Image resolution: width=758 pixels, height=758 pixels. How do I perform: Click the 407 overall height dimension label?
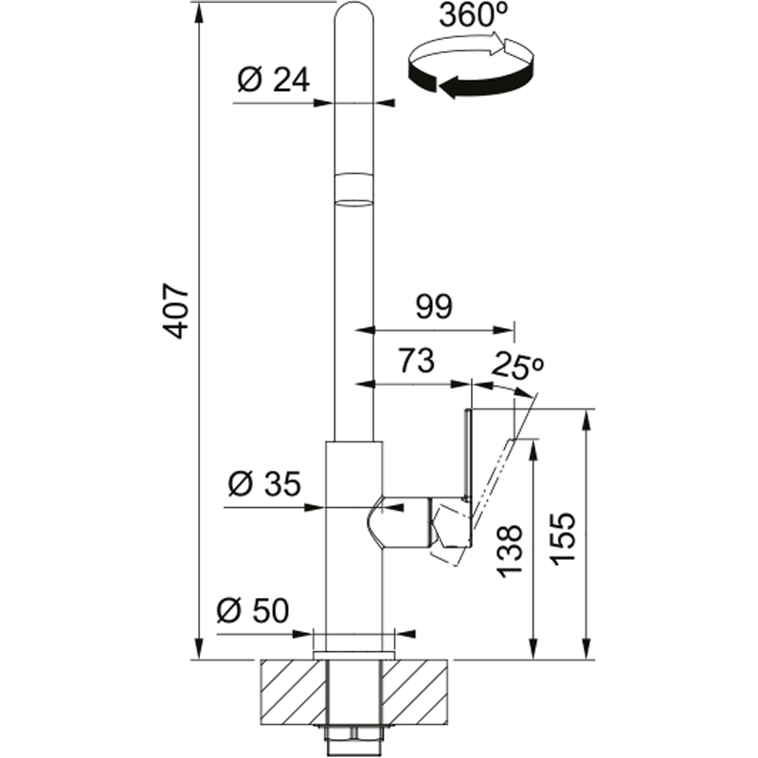click(x=175, y=311)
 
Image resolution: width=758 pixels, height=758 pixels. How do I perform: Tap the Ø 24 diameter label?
click(x=274, y=80)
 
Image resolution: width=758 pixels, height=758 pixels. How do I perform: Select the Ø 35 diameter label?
click(x=264, y=483)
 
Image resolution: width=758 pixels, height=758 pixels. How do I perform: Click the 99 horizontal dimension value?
click(x=434, y=306)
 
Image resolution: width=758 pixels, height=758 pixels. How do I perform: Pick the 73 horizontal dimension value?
click(x=416, y=361)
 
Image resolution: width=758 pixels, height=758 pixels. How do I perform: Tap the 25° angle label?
click(x=517, y=366)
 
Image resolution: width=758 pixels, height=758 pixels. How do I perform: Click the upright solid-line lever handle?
click(x=467, y=455)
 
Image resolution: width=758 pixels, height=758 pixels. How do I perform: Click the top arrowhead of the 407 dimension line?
click(x=198, y=13)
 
